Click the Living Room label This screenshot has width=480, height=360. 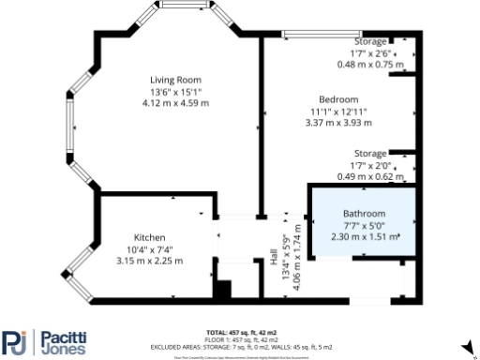tap(177, 80)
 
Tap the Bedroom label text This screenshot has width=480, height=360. tap(338, 99)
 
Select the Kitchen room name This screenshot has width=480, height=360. tap(149, 237)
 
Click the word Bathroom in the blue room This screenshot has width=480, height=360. tap(364, 214)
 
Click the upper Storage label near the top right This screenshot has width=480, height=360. tap(370, 43)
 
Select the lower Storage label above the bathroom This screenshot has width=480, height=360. tap(370, 153)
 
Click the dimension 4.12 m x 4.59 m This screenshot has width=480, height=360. tap(177, 103)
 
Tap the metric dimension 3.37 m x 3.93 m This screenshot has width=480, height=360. tap(338, 122)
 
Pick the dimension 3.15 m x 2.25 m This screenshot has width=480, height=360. tap(149, 261)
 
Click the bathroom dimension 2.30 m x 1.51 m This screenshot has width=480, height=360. tap(364, 236)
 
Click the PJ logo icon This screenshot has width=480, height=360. tap(15, 343)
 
